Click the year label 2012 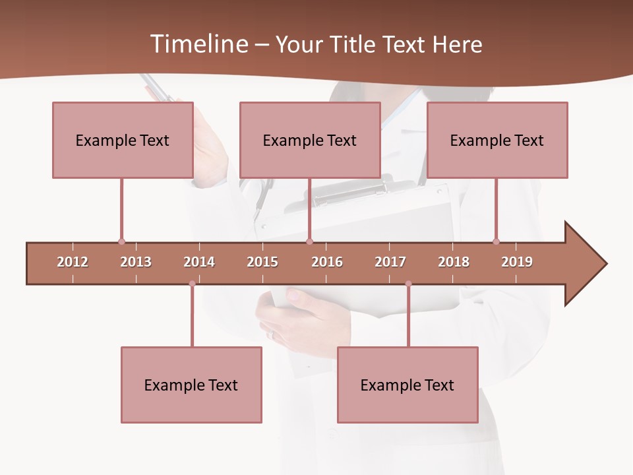73,262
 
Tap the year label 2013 136,262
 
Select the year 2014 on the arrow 199,262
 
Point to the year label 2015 262,262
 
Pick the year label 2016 327,262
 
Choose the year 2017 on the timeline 390,262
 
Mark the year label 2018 454,262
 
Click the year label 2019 517,262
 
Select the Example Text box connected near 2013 123,140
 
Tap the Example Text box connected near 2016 310,140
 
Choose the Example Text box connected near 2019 497,140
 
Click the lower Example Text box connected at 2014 191,385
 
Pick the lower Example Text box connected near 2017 407,385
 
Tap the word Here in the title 457,44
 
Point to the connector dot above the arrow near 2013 121,241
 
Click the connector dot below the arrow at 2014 192,284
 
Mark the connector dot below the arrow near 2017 408,284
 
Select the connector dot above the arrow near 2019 496,241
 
